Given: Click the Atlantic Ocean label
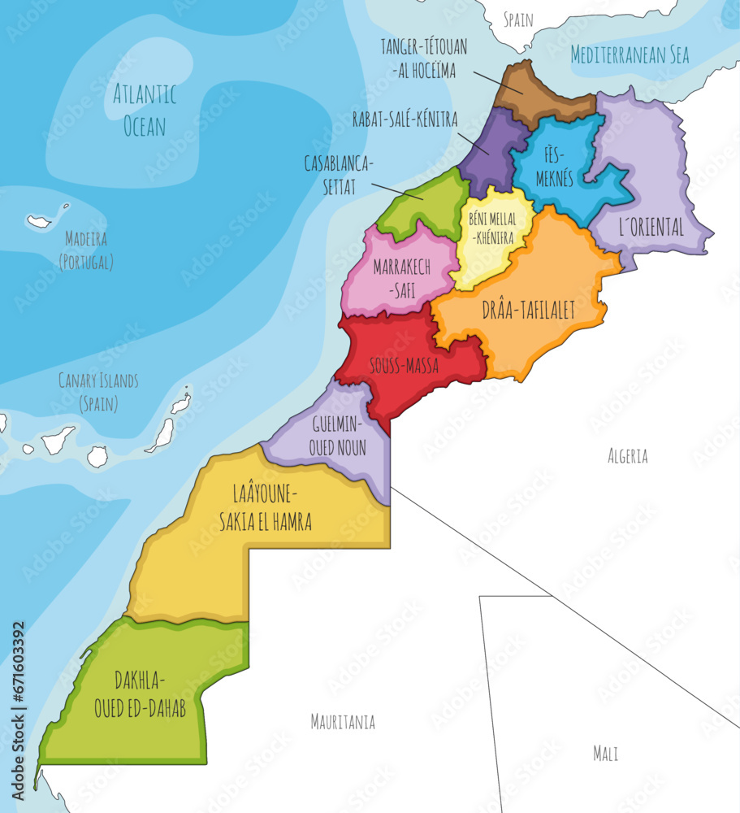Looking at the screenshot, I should click(145, 110).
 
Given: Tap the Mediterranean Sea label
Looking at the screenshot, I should click(630, 55).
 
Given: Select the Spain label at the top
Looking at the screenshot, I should click(518, 20).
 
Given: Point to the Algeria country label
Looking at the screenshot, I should click(627, 456).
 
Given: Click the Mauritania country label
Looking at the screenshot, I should click(343, 721).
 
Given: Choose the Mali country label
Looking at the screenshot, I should click(605, 754).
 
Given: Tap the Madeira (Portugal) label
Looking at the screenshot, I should click(86, 250).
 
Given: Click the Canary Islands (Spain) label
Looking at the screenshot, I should click(98, 391).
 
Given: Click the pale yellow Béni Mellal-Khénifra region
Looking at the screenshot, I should click(492, 236).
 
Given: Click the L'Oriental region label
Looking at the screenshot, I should click(651, 228).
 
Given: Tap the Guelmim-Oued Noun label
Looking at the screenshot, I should click(337, 435).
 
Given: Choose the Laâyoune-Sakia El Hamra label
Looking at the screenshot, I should click(265, 507).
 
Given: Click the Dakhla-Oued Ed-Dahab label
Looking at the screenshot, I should click(140, 693).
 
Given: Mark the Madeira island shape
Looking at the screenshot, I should click(39, 221).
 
